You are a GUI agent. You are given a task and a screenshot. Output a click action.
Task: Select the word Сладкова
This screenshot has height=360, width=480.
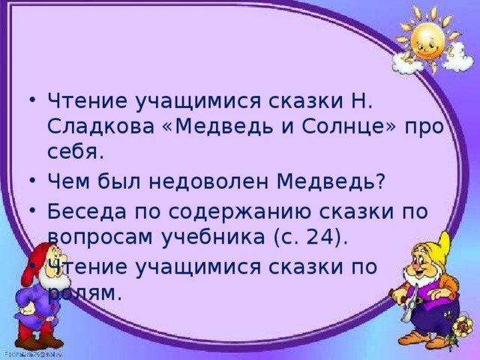click(100, 127)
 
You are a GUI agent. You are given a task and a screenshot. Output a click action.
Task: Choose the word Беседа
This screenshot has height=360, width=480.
click(87, 211)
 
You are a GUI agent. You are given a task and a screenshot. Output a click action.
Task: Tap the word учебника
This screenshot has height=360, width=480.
click(213, 237)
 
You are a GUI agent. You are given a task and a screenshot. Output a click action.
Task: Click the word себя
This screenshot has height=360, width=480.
click(73, 151)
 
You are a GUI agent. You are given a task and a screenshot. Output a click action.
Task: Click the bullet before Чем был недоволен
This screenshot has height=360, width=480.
click(33, 181)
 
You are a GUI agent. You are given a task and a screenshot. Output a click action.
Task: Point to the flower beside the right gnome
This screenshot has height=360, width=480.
click(461, 327)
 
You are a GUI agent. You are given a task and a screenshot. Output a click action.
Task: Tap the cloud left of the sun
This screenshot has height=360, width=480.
click(403, 64)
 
